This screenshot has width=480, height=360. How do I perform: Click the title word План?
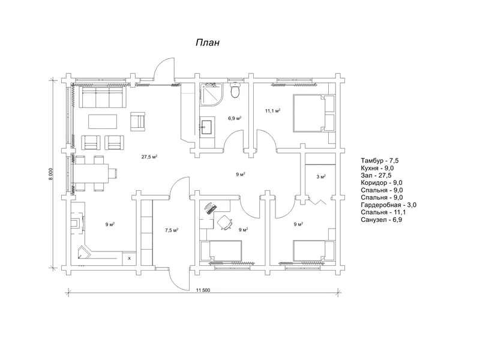(208, 42)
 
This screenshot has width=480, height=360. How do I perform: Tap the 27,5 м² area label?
(149, 157)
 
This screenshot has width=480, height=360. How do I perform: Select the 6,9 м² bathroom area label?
(235, 118)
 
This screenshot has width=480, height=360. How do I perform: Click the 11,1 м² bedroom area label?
(273, 110)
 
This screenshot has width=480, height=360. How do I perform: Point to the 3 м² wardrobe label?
(321, 176)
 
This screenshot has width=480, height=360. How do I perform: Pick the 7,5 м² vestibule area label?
(172, 230)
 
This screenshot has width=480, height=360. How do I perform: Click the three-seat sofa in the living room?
(103, 97)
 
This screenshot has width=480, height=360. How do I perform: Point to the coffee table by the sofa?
(103, 122)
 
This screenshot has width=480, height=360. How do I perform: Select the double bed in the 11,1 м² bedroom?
(314, 113)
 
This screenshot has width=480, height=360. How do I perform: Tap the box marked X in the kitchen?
(129, 258)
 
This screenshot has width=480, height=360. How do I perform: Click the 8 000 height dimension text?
(51, 174)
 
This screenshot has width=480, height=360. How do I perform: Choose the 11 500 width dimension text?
(203, 290)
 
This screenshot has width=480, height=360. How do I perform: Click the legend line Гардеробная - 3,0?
(388, 205)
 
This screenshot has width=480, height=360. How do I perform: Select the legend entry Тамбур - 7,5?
(380, 161)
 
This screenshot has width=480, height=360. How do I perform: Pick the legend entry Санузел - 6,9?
(381, 220)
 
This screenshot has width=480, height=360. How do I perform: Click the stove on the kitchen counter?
(77, 223)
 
